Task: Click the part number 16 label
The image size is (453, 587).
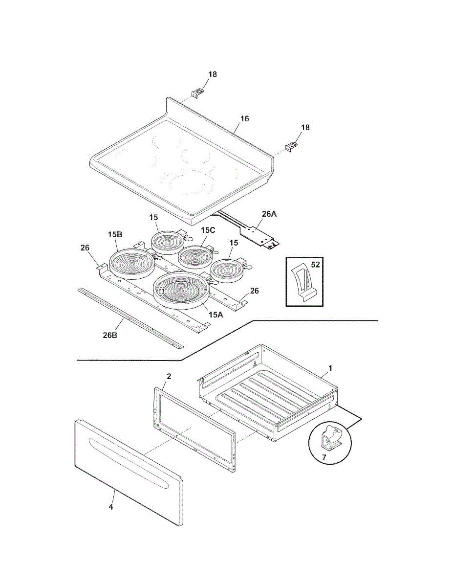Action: tap(244, 118)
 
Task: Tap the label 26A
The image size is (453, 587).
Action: tap(269, 214)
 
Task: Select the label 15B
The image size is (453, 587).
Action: tap(115, 234)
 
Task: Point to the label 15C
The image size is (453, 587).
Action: tap(208, 230)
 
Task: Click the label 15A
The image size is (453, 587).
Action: tap(216, 315)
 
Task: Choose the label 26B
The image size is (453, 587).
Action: tap(110, 335)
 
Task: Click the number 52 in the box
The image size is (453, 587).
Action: tap(315, 265)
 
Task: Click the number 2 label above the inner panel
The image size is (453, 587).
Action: tap(169, 376)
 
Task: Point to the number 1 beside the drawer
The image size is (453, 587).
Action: tap(330, 368)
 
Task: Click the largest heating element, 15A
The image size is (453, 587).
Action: tap(181, 291)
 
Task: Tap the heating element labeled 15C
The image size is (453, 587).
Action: tap(195, 255)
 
